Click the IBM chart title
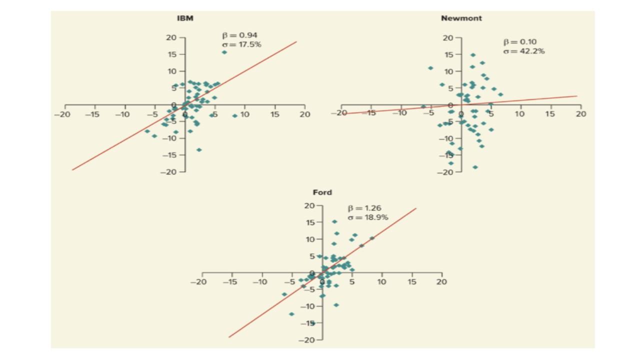(185, 18)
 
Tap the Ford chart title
(322, 192)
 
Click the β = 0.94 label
(240, 35)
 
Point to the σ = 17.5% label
(241, 44)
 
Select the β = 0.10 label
(520, 42)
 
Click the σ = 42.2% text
(523, 51)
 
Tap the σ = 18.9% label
(368, 217)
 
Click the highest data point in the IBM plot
(224, 52)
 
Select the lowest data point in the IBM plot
(199, 149)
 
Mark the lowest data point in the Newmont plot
(475, 167)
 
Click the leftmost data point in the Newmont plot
(423, 106)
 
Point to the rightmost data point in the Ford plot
(371, 238)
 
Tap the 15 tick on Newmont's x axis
(550, 114)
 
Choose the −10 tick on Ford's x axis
(259, 282)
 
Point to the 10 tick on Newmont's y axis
(448, 71)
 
